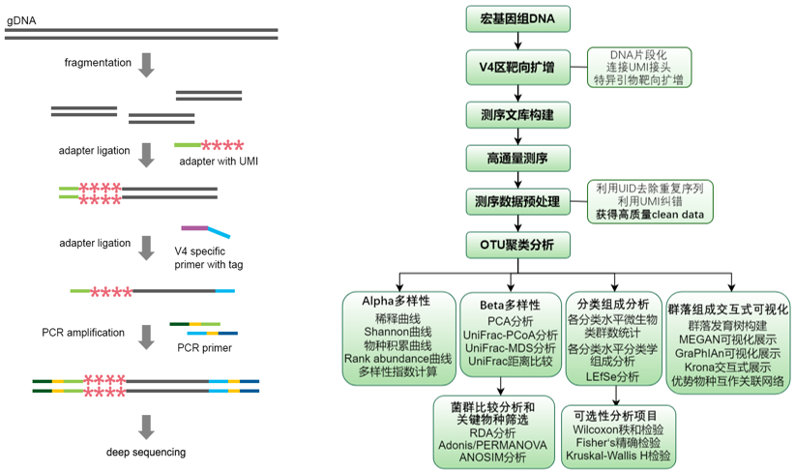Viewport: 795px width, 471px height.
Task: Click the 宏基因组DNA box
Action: click(x=520, y=19)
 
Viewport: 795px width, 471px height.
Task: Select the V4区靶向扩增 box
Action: click(x=520, y=67)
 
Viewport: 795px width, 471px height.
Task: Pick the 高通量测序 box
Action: click(x=520, y=157)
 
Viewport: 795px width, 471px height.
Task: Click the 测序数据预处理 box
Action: click(x=520, y=201)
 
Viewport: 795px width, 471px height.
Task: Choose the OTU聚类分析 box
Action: click(x=520, y=246)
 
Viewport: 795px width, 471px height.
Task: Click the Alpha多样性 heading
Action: click(x=397, y=301)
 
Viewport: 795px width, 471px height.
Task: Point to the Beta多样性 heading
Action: click(x=510, y=305)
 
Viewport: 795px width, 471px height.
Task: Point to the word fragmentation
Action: click(x=98, y=63)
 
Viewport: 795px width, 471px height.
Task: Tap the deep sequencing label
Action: click(x=146, y=452)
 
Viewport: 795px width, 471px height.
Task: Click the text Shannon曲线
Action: click(x=397, y=330)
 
